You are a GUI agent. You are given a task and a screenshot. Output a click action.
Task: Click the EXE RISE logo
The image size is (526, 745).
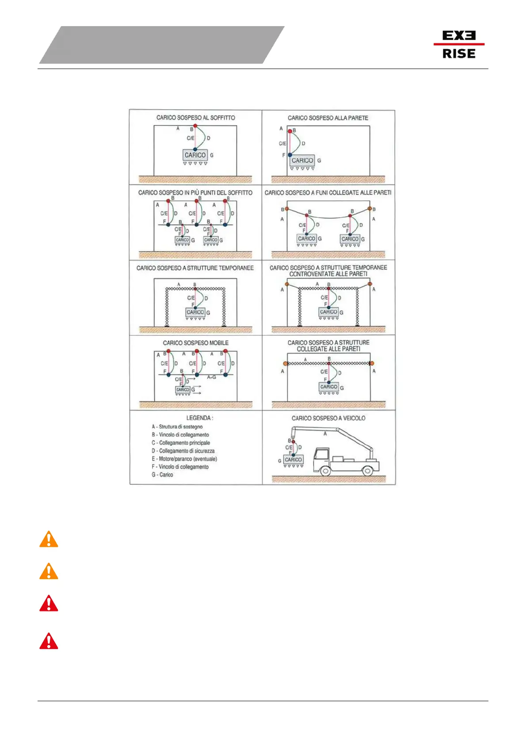tap(459, 45)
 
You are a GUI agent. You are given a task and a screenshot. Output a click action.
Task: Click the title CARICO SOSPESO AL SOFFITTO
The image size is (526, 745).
tap(195, 118)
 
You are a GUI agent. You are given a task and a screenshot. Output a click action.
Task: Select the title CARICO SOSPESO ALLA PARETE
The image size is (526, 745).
tap(328, 118)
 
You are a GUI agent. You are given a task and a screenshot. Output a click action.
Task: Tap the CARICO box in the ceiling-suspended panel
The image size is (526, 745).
tap(195, 155)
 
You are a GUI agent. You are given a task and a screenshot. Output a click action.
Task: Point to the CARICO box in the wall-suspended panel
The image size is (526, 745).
tap(302, 161)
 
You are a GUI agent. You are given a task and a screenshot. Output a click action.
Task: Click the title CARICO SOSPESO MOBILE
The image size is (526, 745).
tap(195, 343)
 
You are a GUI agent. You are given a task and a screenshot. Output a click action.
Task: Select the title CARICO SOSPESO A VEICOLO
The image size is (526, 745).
tap(328, 418)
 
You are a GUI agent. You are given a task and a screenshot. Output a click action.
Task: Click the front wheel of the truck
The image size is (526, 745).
tap(325, 471)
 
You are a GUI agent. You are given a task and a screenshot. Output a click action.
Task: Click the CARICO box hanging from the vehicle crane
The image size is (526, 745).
tap(293, 460)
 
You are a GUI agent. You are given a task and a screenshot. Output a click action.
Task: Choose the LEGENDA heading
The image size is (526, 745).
tap(199, 418)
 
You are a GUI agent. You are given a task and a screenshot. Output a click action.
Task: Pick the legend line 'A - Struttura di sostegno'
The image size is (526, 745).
tap(177, 427)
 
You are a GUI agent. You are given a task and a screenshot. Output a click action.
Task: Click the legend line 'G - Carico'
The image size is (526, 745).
tap(163, 475)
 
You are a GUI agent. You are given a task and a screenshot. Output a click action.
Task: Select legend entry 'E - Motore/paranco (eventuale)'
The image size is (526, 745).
tap(184, 459)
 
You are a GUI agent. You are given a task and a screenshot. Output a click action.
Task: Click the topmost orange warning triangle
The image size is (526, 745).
tap(49, 540)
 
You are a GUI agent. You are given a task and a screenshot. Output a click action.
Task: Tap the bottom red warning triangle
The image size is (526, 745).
tap(49, 641)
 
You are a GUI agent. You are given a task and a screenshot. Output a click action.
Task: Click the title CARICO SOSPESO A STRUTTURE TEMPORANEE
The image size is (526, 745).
tap(195, 268)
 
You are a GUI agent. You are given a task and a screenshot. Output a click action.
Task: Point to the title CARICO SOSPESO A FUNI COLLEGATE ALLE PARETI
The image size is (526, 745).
tap(328, 193)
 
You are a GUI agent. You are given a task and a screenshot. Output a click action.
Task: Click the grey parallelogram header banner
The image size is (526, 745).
tap(162, 45)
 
